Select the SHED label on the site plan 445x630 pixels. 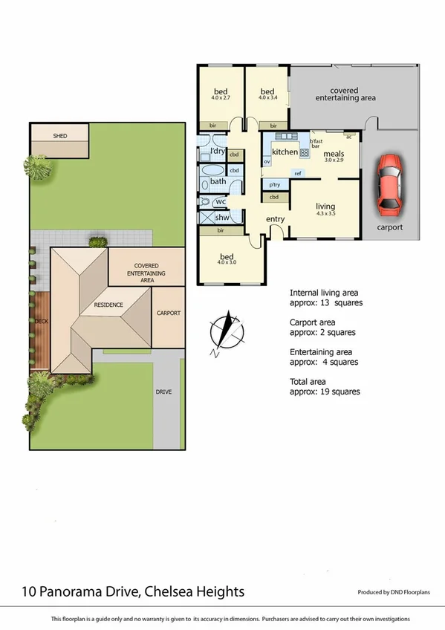pyautogui.click(x=59, y=137)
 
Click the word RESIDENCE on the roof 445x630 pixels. pyautogui.click(x=108, y=305)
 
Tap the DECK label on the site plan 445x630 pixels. pyautogui.click(x=40, y=322)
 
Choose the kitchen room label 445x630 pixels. pyautogui.click(x=285, y=152)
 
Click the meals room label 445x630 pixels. pyautogui.click(x=334, y=155)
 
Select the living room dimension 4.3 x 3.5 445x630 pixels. pyautogui.click(x=325, y=215)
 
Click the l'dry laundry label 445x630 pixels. pyautogui.click(x=218, y=152)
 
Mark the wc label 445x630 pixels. pyautogui.click(x=221, y=201)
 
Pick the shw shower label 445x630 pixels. pyautogui.click(x=221, y=218)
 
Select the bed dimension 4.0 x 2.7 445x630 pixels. pyautogui.click(x=221, y=97)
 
